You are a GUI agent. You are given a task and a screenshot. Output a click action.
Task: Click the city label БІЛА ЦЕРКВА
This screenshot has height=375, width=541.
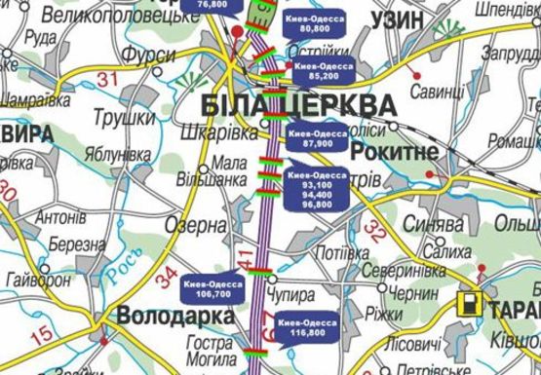coord(299,105)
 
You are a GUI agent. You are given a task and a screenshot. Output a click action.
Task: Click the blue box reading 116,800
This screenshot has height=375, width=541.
coord(301,326)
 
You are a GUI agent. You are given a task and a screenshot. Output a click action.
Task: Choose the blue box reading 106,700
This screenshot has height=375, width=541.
coord(213,289)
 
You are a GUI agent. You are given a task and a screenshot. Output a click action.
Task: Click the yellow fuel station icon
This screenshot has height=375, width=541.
coord(471,303)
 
